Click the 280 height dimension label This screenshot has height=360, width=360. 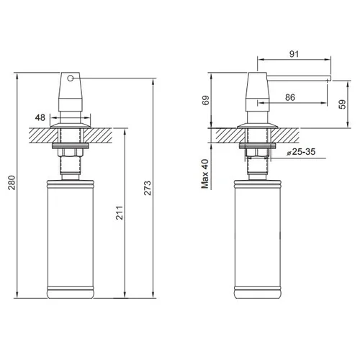click(x=12, y=183)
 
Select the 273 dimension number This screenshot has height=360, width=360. click(x=148, y=188)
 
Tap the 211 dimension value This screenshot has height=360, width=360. click(x=120, y=212)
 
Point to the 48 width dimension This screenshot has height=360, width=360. click(x=40, y=117)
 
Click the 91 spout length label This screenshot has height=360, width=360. click(x=294, y=54)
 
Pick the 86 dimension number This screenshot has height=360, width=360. click(x=290, y=97)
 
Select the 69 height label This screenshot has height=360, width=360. click(x=206, y=100)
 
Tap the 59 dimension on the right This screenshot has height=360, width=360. click(x=343, y=104)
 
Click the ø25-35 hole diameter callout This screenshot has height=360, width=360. click(x=301, y=152)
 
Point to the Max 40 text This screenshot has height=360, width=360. click(x=205, y=174)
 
